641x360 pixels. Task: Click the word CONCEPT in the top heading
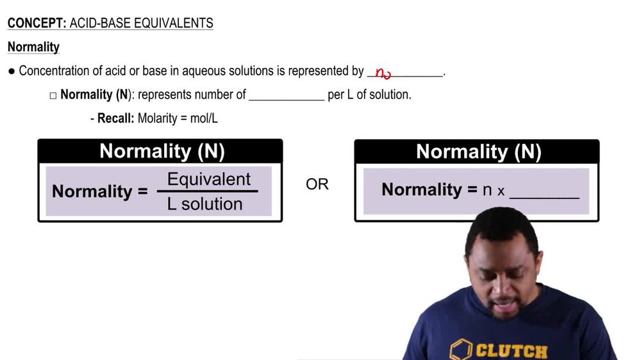(34, 24)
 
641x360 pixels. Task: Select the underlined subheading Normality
(33, 47)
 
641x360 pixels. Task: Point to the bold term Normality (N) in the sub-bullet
(96, 95)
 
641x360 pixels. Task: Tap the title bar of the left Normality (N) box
(160, 152)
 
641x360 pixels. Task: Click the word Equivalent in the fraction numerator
(209, 179)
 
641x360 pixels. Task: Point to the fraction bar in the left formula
(207, 192)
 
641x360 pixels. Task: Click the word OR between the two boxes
(317, 184)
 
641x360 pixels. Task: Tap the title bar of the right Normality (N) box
(477, 152)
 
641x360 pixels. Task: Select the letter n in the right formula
(487, 190)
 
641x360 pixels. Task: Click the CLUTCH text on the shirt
(512, 350)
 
